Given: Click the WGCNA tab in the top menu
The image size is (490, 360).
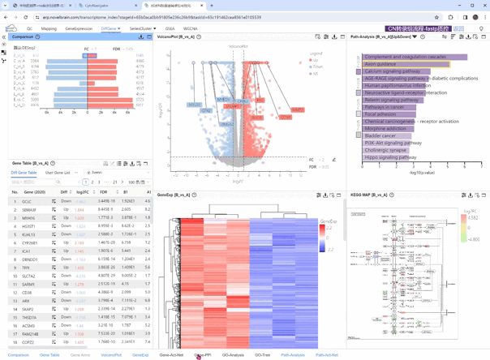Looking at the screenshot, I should click(x=191, y=28).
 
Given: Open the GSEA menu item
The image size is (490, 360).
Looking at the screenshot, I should click(x=170, y=28).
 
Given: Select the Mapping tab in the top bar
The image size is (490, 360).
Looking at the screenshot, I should click(x=49, y=28).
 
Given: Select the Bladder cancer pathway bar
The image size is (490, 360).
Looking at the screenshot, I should click(x=381, y=135).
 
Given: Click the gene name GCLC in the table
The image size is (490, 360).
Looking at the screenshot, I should click(x=27, y=202).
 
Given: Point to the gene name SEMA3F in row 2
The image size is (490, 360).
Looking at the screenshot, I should click(x=29, y=210).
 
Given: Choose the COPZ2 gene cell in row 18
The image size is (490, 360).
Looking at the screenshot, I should click(x=28, y=342).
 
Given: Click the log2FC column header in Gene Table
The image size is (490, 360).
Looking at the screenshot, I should click(x=81, y=192).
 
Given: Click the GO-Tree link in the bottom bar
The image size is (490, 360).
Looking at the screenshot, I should click(x=262, y=354).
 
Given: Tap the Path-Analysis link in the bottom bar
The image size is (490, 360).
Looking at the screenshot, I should click(x=293, y=354).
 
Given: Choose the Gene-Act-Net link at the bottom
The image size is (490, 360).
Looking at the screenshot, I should click(x=171, y=354).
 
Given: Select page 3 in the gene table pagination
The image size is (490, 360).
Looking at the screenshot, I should click(x=99, y=182).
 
